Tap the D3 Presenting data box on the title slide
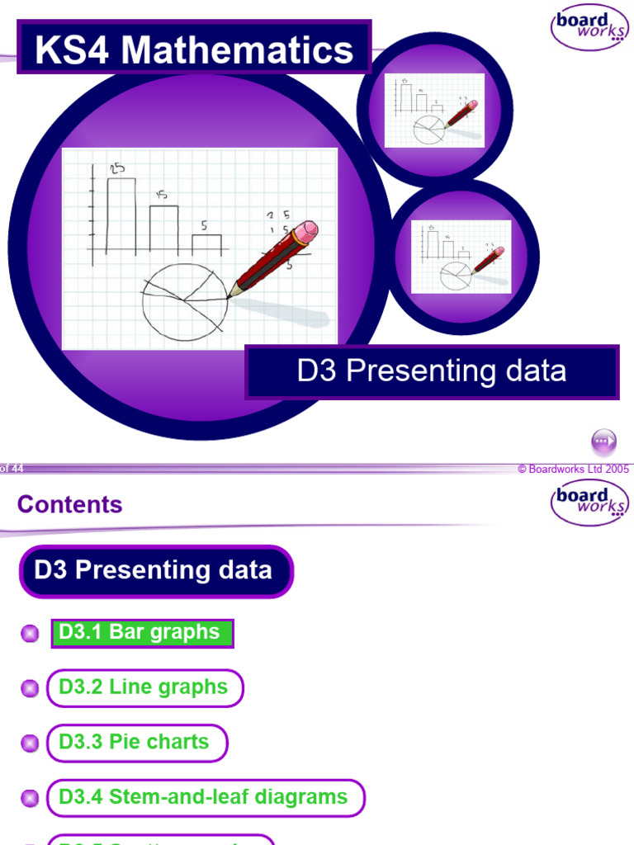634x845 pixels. pos(432,371)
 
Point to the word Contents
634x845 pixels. pos(69,504)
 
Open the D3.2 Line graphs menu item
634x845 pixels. pos(144,687)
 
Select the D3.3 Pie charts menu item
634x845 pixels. pos(135,742)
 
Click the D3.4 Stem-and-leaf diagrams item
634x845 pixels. pos(204,797)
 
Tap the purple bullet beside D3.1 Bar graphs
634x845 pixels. pos(30,634)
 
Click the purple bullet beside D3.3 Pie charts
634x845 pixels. pos(30,743)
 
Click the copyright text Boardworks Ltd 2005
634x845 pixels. pos(573,469)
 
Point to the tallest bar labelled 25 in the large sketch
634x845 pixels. pos(121,215)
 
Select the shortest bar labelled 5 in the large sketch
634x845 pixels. pos(206,243)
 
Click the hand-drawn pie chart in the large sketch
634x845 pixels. pos(184,302)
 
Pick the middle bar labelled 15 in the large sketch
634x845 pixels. pos(163,229)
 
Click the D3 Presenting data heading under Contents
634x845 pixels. pos(155,570)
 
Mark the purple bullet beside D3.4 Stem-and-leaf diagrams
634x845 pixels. pos(30,798)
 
